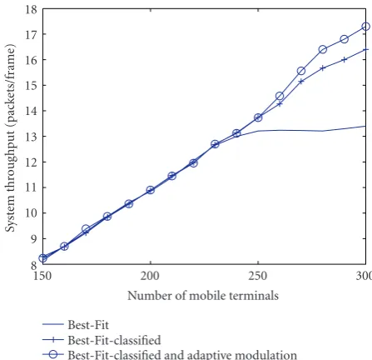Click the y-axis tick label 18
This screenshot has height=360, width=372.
[x=31, y=10]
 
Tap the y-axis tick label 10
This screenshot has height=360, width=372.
[x=31, y=213]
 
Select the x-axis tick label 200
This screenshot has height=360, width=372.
[x=150, y=276]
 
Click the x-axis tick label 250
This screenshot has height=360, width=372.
[x=258, y=276]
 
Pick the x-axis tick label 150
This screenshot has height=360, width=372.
[x=42, y=276]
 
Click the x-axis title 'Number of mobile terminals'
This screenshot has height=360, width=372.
[x=203, y=296]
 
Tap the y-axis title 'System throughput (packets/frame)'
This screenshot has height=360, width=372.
[x=11, y=138]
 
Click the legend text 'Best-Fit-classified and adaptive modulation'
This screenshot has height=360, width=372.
[x=182, y=355]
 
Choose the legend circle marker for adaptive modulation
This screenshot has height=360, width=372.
[x=53, y=354]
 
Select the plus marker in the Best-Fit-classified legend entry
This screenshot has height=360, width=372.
[x=53, y=339]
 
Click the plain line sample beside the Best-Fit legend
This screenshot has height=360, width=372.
[x=53, y=324]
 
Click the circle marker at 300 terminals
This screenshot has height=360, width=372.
[x=366, y=27]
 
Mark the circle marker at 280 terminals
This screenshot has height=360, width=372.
[x=323, y=49]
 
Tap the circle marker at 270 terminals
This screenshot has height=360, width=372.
[x=301, y=71]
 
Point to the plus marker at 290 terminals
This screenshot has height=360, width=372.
[x=345, y=59]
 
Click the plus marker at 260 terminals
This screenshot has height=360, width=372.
[x=280, y=104]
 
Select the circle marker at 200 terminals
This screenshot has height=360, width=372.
[x=151, y=190]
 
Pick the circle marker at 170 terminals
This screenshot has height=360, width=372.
[x=86, y=229]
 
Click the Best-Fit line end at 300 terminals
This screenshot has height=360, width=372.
[x=365, y=126]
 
